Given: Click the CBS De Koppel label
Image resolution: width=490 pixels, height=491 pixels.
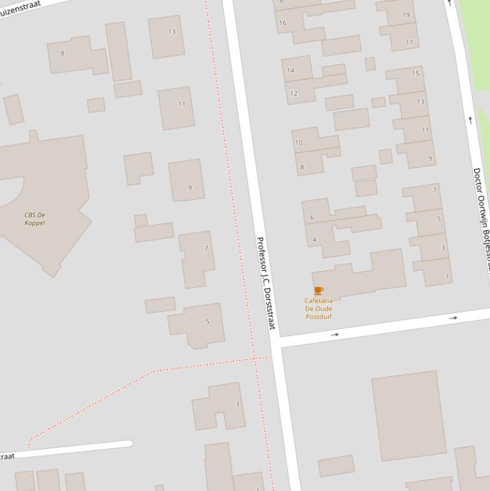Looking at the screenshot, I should point(34,219).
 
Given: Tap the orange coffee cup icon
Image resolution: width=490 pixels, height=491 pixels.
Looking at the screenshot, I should point(319,291).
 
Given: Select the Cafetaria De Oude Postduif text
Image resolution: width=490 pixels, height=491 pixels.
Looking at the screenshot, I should point(319,309).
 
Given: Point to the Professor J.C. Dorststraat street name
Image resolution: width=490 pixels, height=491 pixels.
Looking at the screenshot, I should point(264,283).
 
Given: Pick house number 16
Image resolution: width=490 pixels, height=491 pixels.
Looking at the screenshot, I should point(282,23).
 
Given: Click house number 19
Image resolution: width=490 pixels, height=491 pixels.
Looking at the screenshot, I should point(406,15).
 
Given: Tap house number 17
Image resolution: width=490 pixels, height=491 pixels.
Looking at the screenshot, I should point(409,43).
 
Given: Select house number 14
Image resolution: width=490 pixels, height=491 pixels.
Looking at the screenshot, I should point(291,70).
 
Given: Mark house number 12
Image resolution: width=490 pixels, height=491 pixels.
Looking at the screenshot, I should point(294,94).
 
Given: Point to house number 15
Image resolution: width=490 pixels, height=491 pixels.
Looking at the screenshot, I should point(415,73).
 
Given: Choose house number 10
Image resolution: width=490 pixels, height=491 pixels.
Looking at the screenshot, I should point(299,143).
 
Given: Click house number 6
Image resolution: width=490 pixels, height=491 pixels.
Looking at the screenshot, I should point(312,217).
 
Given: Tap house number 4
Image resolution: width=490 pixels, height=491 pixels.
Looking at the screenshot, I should point(315,240).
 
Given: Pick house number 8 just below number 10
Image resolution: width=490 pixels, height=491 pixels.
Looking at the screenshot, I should point(302,168).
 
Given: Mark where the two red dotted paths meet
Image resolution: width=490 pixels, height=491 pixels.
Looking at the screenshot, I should point(254,358).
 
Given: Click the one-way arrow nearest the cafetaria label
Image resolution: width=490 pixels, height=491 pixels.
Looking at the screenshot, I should point(335,335).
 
